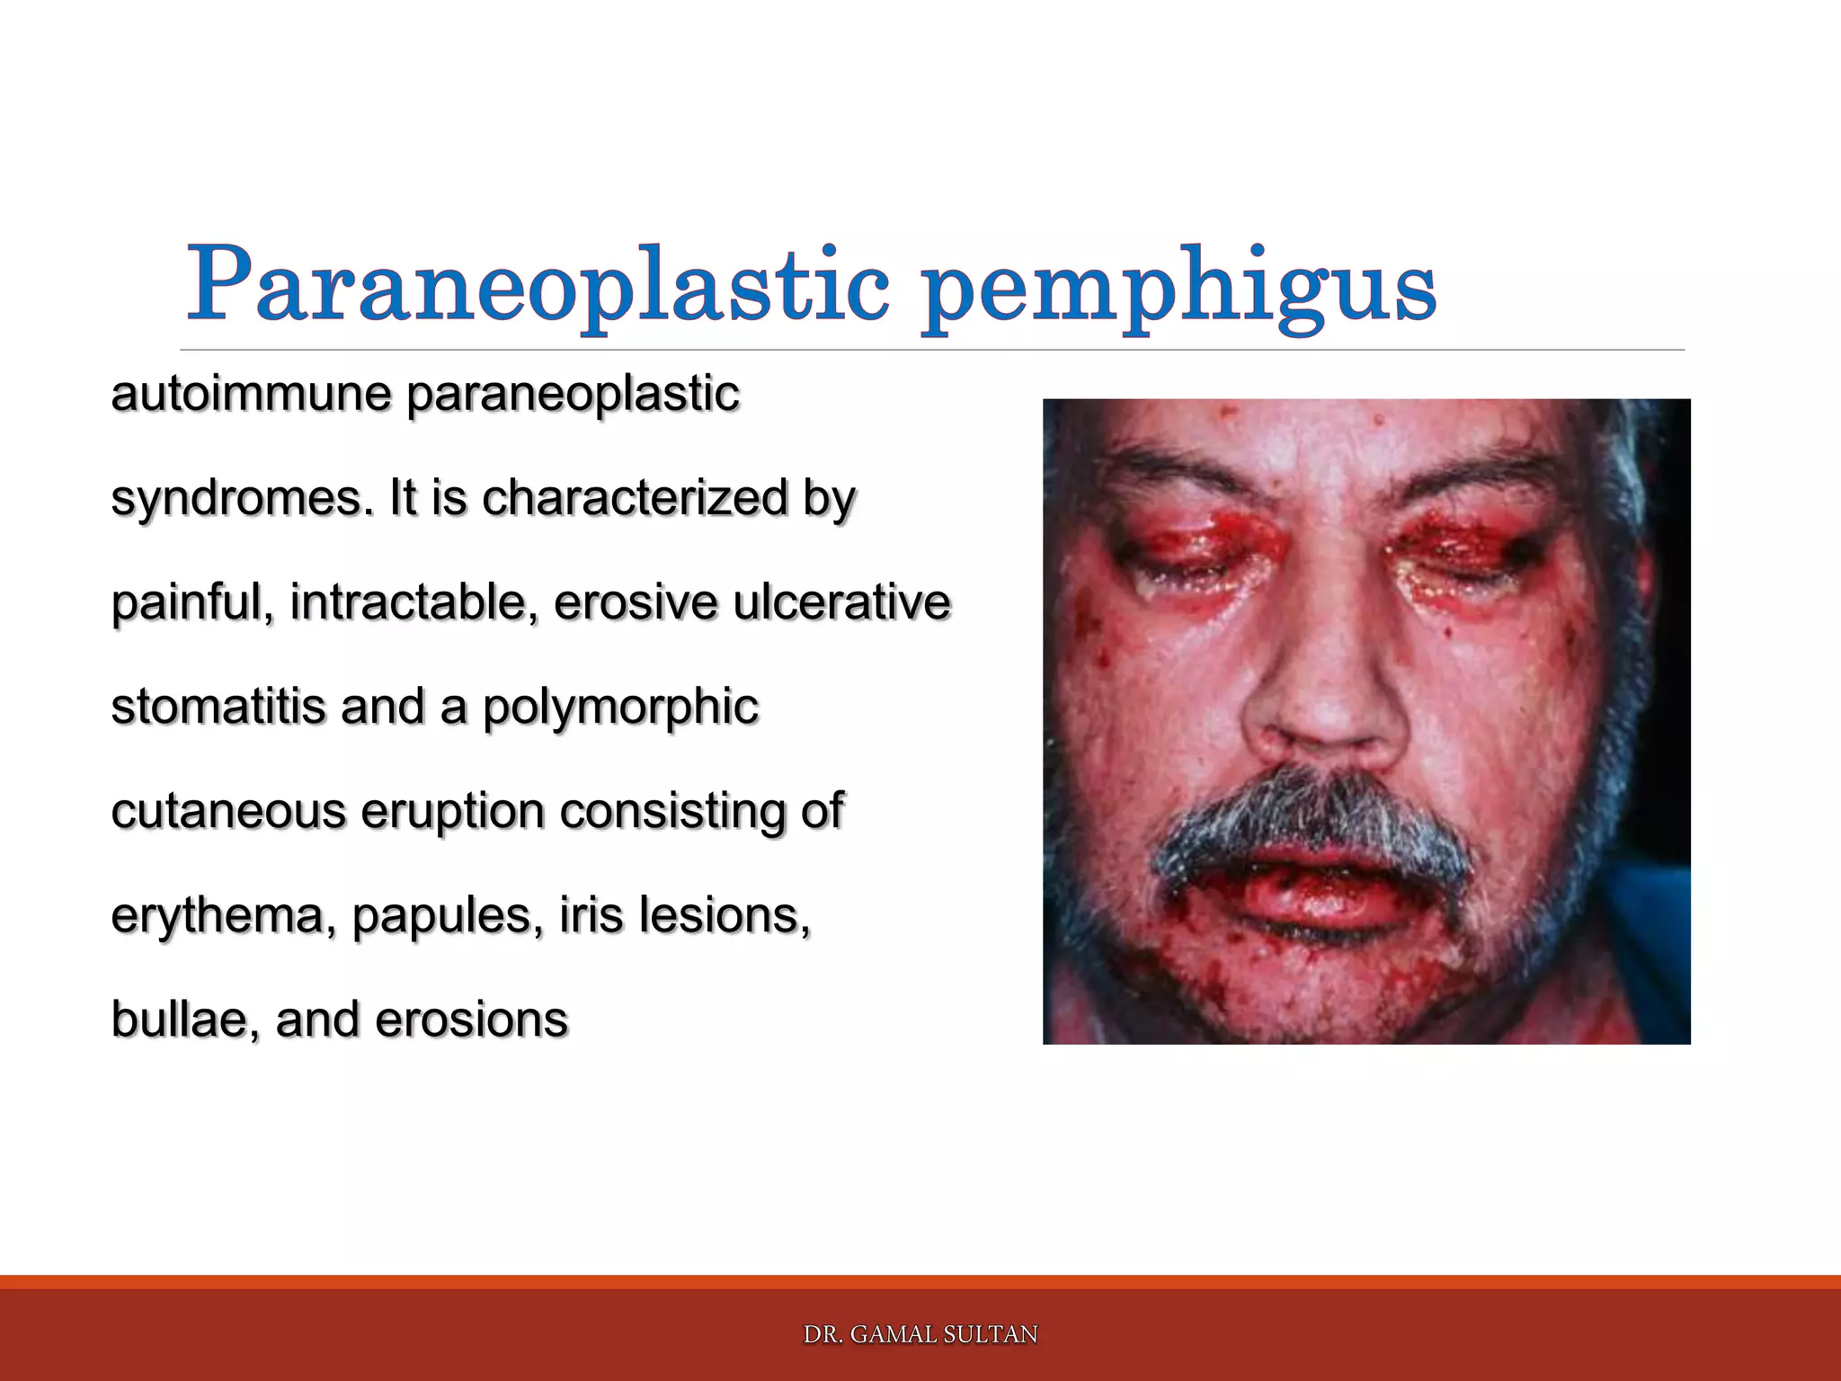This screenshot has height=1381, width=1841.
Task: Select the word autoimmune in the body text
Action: pyautogui.click(x=251, y=394)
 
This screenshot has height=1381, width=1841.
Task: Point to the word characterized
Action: pyautogui.click(x=635, y=497)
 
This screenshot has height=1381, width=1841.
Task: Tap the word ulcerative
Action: pyautogui.click(x=841, y=601)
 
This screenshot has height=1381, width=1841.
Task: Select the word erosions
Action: pyautogui.click(x=471, y=1020)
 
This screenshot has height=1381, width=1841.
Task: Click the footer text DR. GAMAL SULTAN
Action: pyautogui.click(x=920, y=1334)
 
